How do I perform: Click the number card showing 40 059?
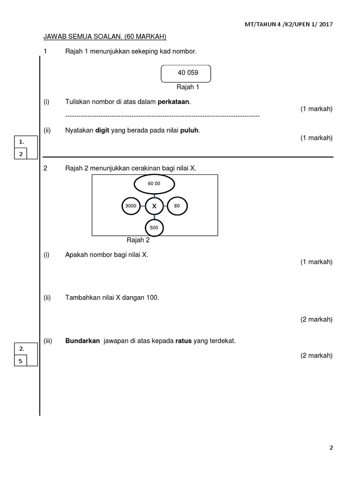tap(185, 73)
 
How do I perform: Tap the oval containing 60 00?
tap(154, 183)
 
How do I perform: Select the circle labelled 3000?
tap(131, 206)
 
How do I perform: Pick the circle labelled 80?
tap(177, 206)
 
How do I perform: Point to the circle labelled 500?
tap(154, 228)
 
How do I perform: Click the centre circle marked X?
tap(154, 206)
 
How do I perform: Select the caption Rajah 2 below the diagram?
tap(138, 240)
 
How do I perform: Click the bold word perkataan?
tap(174, 102)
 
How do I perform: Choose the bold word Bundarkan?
tap(82, 341)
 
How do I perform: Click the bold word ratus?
tap(183, 341)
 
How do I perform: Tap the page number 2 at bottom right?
tap(331, 448)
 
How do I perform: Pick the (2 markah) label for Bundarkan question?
tap(316, 355)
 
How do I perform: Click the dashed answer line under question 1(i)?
tap(162, 115)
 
